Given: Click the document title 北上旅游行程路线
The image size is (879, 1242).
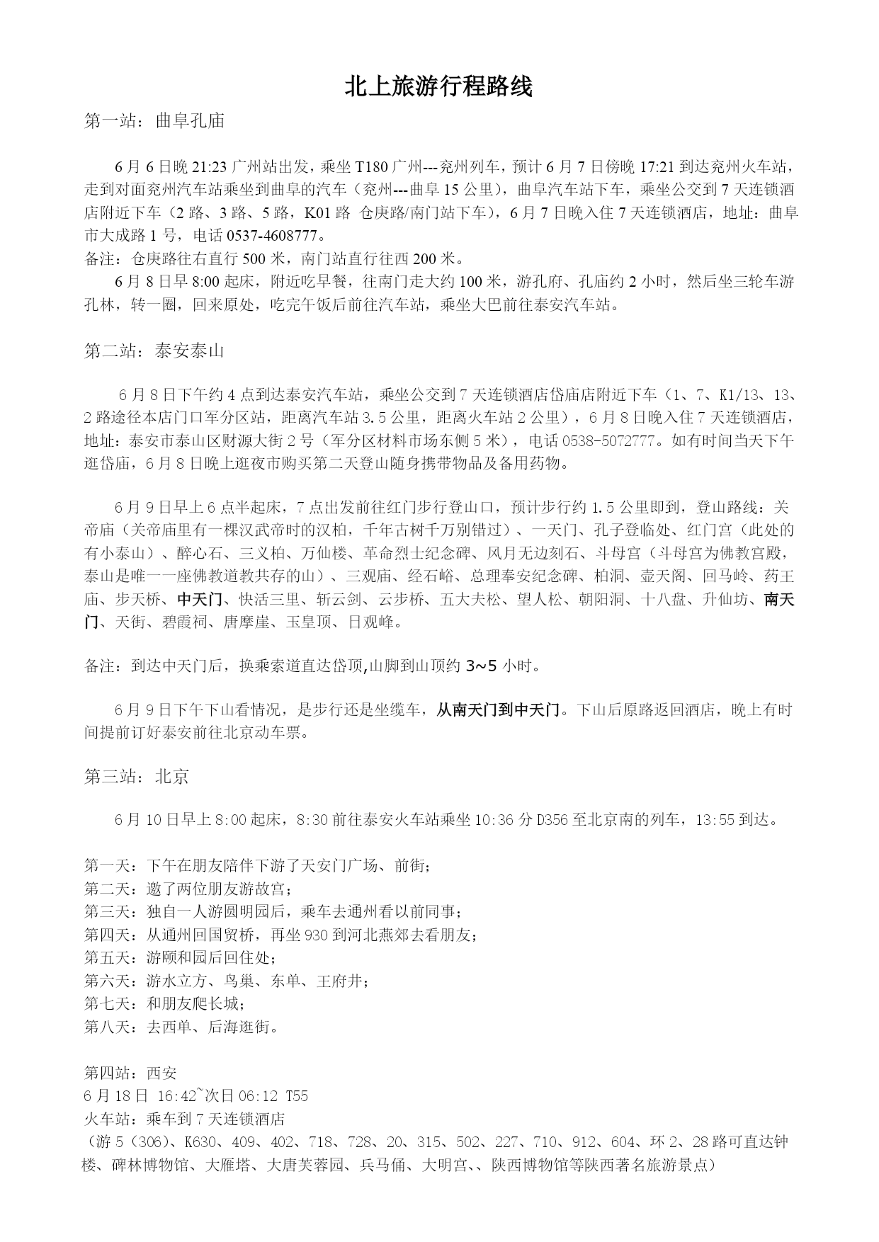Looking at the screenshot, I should [x=438, y=86].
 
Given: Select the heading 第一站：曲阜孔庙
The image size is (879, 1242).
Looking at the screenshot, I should [x=154, y=121].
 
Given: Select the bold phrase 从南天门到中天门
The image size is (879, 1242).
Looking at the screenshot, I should [x=498, y=710].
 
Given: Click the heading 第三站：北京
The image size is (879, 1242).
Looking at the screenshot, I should [x=137, y=777].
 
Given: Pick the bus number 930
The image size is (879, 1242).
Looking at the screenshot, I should [x=315, y=935].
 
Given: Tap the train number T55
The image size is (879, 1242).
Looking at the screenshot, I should [x=297, y=1096].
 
